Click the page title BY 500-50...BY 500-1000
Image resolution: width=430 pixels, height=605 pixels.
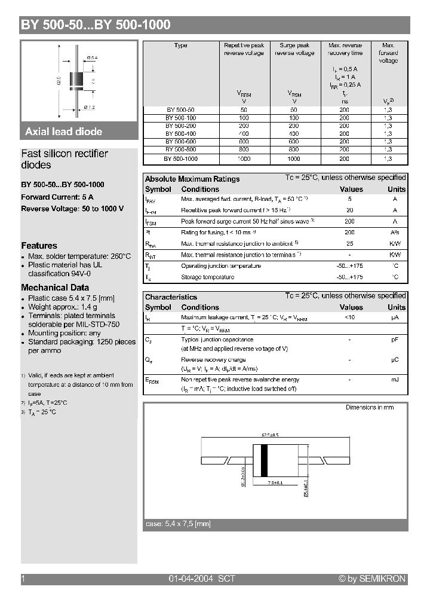coord(96,25)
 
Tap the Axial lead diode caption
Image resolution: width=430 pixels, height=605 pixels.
coord(63,132)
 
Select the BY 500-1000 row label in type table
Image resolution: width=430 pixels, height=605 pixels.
coord(180,159)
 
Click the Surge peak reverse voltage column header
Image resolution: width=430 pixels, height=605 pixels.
coord(294,49)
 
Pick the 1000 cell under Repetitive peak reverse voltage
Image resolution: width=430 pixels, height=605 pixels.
coord(243,159)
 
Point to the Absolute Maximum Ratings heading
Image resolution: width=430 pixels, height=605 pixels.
coord(192,179)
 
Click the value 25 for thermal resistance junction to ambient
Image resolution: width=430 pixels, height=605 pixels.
coord(350,244)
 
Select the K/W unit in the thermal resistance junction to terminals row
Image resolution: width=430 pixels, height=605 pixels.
coord(395,255)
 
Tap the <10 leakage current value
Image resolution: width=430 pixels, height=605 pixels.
coord(350,317)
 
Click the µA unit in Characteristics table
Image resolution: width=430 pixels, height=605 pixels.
coord(395,317)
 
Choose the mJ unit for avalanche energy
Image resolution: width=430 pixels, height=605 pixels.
coord(395,380)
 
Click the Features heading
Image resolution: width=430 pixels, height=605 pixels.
coord(39,246)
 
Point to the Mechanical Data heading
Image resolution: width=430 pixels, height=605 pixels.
coord(55,288)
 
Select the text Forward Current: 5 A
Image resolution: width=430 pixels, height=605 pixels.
coord(57,197)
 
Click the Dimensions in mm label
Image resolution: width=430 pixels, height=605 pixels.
coord(370,407)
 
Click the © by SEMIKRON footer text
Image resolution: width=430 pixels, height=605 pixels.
coord(372,579)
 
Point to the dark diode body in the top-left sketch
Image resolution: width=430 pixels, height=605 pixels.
coord(76,79)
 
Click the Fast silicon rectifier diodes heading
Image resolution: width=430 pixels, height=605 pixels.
coord(64,159)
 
